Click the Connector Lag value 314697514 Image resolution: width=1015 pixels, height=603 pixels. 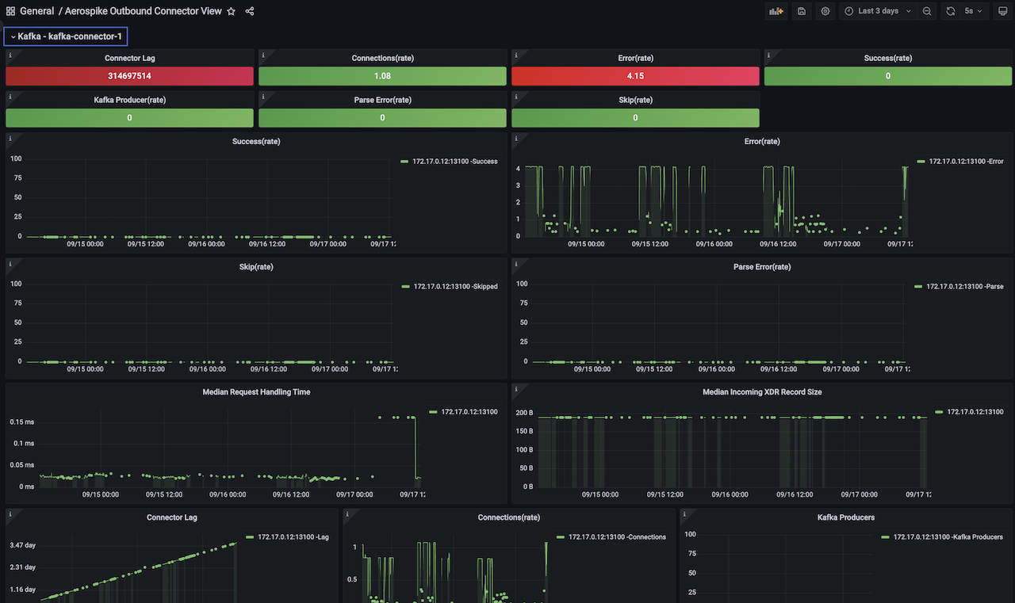tap(129, 76)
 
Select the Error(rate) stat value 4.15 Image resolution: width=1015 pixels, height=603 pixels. tap(635, 76)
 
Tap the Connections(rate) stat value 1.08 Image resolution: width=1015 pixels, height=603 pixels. tap(382, 76)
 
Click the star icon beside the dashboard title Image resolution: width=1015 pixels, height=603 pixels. tap(231, 12)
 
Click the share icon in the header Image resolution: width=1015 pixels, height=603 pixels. tap(250, 12)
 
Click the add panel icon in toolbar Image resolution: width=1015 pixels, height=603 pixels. tap(776, 11)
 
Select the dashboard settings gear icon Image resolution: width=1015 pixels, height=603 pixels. tap(825, 11)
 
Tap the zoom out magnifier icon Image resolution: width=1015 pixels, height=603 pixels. tap(927, 11)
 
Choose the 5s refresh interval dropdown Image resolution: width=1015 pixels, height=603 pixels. tap(973, 11)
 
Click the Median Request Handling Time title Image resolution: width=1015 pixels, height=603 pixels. tap(256, 392)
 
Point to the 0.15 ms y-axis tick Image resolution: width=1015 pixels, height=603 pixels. tap(21, 422)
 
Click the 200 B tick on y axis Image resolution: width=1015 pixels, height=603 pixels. tap(524, 414)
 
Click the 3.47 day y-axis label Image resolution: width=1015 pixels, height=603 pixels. tap(23, 545)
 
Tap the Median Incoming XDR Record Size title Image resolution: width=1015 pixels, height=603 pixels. tap(761, 392)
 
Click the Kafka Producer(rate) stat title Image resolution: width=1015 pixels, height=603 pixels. tap(129, 100)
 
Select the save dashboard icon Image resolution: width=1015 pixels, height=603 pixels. tap(802, 11)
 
